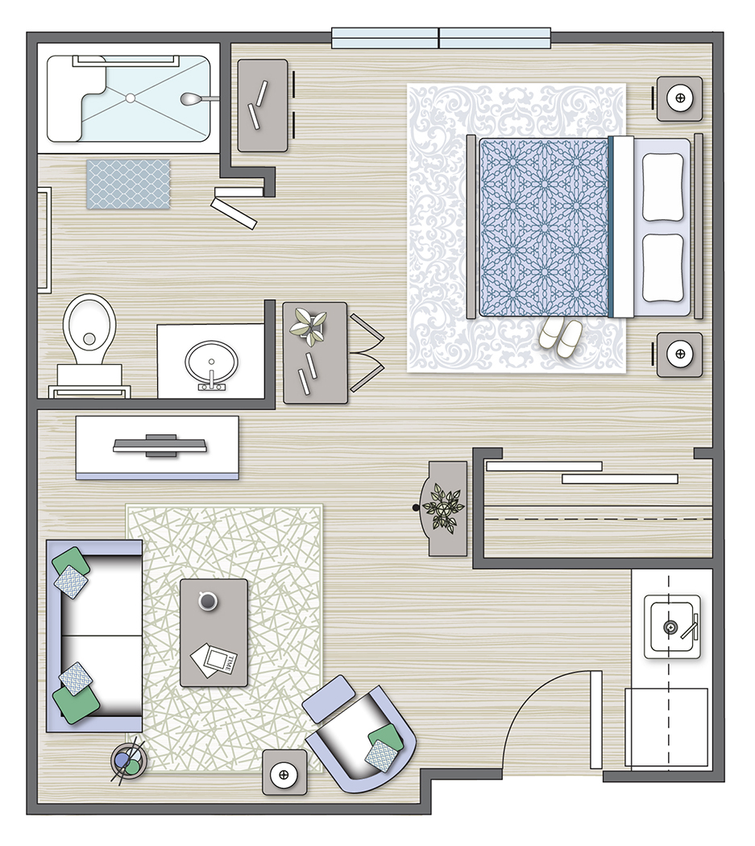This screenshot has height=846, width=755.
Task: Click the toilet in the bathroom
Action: click(x=89, y=330)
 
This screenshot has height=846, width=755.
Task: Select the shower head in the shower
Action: click(x=191, y=99)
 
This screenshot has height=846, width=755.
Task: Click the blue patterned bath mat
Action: click(x=129, y=185)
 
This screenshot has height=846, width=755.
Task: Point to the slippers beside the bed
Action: click(x=558, y=334)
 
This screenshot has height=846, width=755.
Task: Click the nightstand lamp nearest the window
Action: click(x=679, y=98)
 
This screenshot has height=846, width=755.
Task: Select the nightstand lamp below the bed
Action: click(x=679, y=354)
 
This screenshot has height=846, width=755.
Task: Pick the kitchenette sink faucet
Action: click(x=687, y=627)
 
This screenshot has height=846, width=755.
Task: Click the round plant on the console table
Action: click(x=442, y=508)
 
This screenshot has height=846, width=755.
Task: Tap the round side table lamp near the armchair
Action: click(x=284, y=774)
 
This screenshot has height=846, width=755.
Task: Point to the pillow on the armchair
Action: click(x=384, y=744)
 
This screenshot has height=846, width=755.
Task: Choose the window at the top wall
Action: click(x=441, y=37)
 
